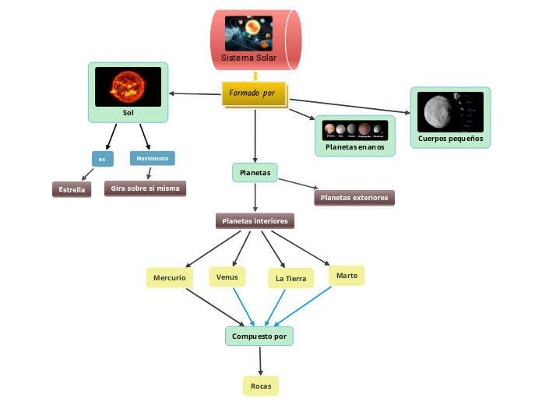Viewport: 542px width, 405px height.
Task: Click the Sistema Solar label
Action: coord(248,58)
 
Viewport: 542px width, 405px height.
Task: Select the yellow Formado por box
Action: coord(254,93)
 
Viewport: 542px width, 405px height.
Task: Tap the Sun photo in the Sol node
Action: coord(128,86)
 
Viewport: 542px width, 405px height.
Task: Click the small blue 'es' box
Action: coord(102,159)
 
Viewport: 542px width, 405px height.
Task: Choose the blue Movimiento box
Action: coord(152,158)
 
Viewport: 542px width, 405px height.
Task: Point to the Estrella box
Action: coord(72,189)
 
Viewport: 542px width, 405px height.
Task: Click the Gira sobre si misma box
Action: coord(145,188)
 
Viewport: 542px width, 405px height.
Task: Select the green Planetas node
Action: coord(255,172)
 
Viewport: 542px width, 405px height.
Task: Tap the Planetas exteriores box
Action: coord(354,198)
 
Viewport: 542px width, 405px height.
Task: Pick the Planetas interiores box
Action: coord(255,221)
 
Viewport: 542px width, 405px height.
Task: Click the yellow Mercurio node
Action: coord(169,278)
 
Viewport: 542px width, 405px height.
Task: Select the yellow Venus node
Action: coord(227,276)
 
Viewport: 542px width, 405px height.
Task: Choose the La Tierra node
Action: coord(290,279)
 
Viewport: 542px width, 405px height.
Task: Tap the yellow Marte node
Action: coord(347,276)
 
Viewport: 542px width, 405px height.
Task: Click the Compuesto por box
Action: coord(259,336)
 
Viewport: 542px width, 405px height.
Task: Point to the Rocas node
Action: coord(260,386)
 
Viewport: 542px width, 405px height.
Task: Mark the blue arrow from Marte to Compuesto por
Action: coord(304,305)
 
